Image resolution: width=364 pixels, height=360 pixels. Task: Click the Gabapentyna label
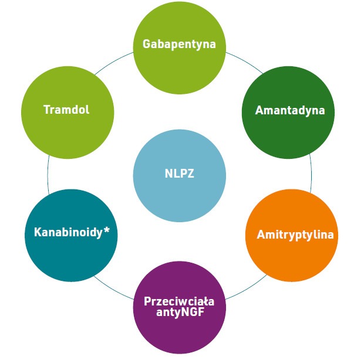point(179,44)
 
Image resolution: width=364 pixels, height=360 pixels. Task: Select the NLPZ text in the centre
point(179,173)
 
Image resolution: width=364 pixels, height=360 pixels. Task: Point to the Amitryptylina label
point(295,235)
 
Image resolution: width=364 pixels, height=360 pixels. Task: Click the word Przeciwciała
point(179,301)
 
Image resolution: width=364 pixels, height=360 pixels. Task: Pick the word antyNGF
point(179,312)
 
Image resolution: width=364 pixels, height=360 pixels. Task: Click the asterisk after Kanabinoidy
point(107,231)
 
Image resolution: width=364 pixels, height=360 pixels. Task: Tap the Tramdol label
point(66,109)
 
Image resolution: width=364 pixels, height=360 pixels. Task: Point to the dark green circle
point(288,135)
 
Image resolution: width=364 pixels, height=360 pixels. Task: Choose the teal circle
point(70,258)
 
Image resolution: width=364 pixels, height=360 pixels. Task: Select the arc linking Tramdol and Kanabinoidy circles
point(48,174)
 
